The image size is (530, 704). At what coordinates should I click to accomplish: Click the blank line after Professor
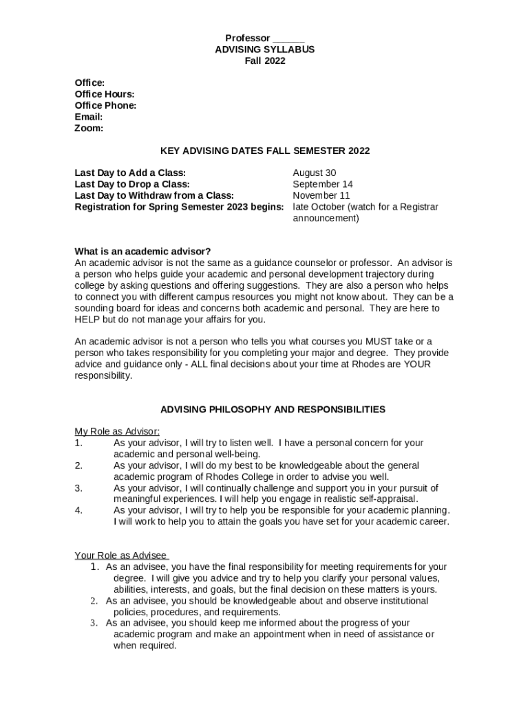[288, 38]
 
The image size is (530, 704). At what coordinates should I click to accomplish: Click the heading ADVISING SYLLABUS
[265, 49]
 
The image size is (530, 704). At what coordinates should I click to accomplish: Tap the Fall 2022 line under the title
[265, 60]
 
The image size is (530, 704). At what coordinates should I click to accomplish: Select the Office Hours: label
[105, 94]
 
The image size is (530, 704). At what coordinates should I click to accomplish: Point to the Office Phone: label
[105, 105]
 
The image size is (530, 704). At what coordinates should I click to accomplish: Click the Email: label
[89, 117]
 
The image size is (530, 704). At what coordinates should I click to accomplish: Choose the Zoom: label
[89, 128]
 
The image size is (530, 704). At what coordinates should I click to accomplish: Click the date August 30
[315, 173]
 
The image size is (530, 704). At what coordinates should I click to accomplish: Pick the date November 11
[321, 195]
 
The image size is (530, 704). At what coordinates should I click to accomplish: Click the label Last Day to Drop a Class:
[132, 184]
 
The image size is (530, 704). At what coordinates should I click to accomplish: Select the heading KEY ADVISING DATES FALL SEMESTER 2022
[265, 151]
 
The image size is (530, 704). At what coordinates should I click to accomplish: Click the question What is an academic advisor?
[142, 252]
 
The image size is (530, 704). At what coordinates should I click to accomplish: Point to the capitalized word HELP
[87, 320]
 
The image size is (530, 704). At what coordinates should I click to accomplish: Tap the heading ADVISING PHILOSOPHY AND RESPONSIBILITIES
[273, 410]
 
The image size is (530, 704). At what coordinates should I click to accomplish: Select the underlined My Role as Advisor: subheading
[117, 432]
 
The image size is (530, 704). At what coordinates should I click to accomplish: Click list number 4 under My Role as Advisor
[78, 510]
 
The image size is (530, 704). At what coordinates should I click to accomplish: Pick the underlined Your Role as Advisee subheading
[122, 555]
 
